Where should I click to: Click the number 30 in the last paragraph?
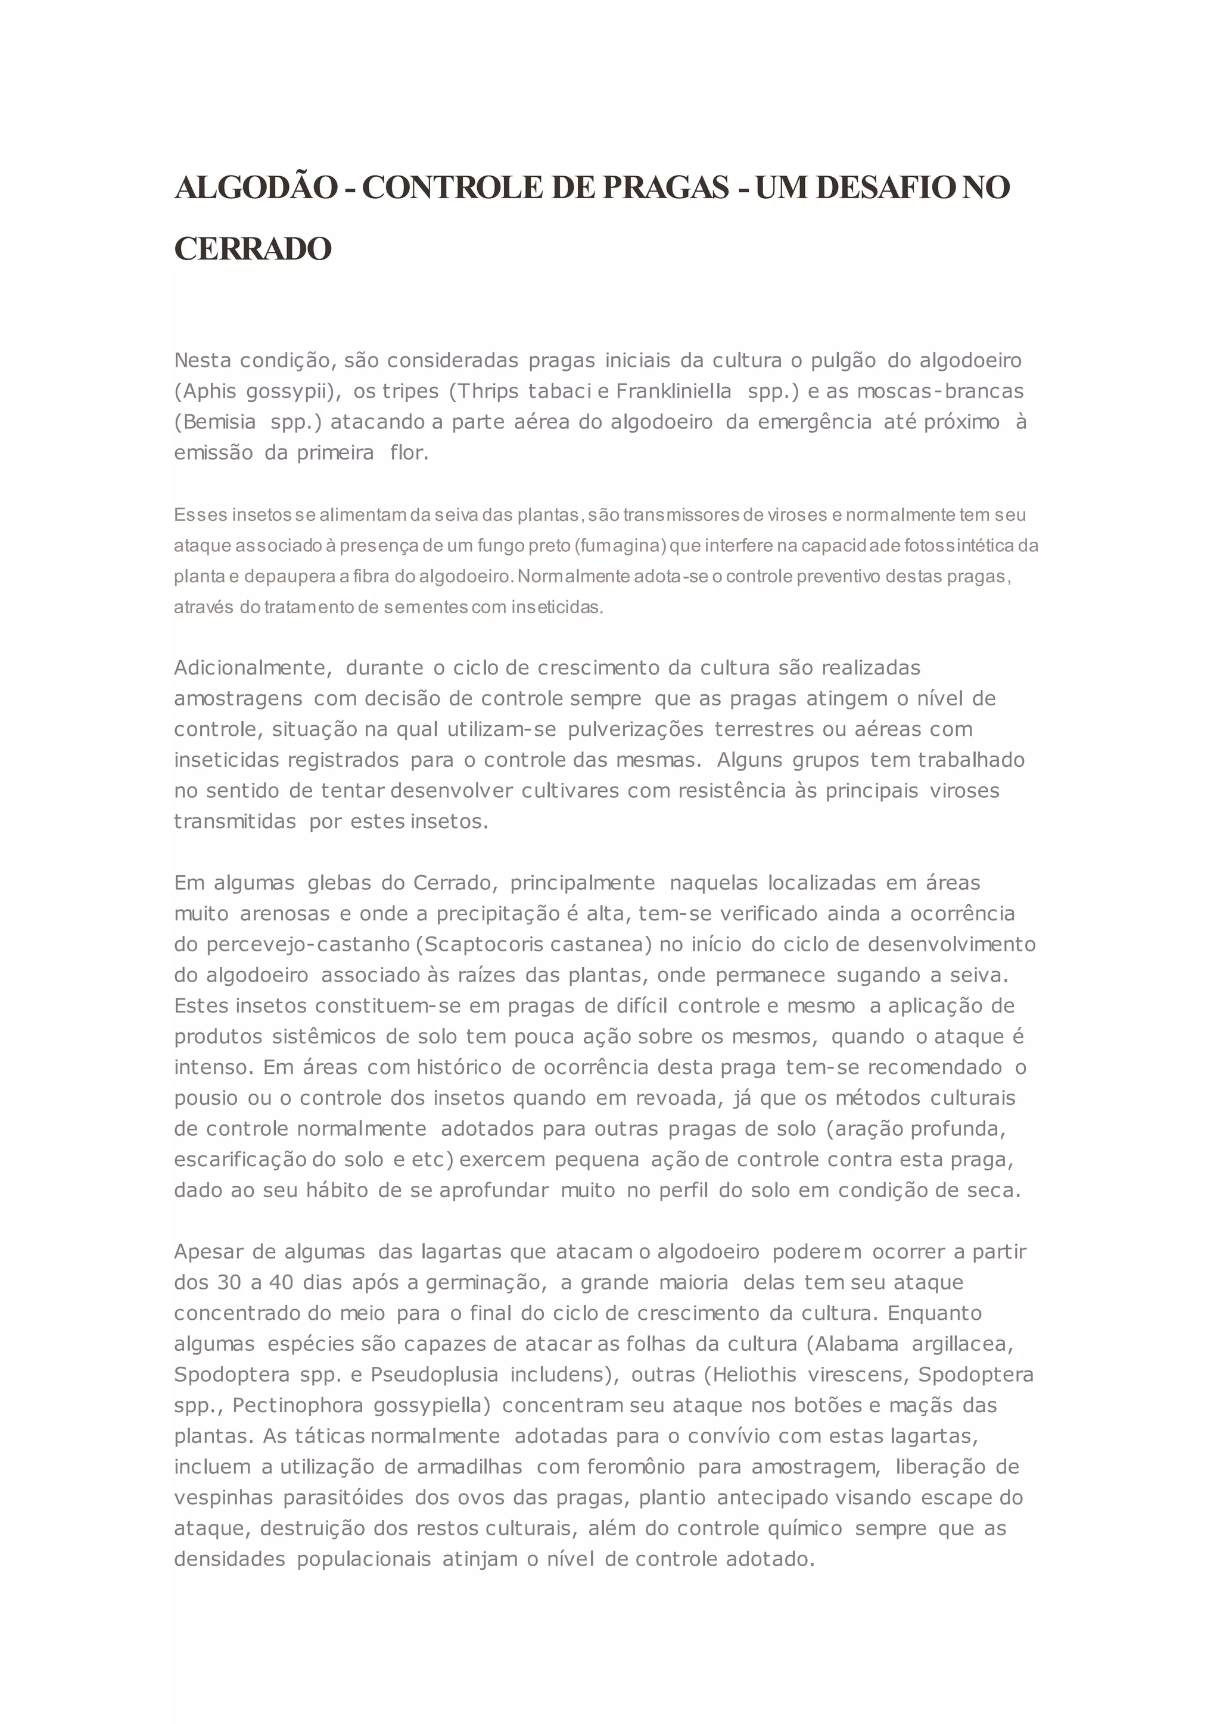pyautogui.click(x=229, y=1282)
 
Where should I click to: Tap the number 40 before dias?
pyautogui.click(x=281, y=1282)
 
